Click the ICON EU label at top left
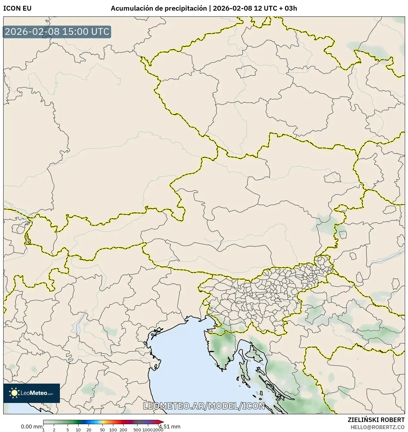[17, 8]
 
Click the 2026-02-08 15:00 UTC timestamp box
[57, 32]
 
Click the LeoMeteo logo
[32, 393]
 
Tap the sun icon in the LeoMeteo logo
[14, 393]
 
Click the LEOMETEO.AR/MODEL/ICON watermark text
[204, 406]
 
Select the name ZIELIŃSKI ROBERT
[376, 420]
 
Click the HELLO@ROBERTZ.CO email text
[377, 427]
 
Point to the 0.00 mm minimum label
[32, 427]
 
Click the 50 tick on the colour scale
[102, 429]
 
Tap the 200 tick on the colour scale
[123, 429]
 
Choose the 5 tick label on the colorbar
[68, 429]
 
